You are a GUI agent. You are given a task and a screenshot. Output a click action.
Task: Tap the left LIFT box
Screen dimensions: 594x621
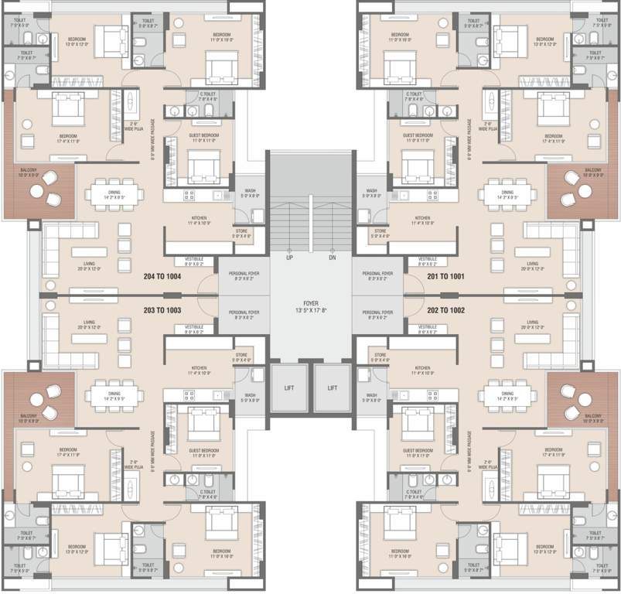[288, 387]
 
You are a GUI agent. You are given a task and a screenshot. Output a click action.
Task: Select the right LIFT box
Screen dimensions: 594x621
[333, 387]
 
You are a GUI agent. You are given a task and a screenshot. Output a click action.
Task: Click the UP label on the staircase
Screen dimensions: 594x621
[288, 258]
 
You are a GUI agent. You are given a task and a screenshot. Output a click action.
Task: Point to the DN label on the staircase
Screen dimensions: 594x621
[333, 258]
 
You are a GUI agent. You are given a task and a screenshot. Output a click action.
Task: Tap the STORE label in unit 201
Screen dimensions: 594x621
[380, 233]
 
